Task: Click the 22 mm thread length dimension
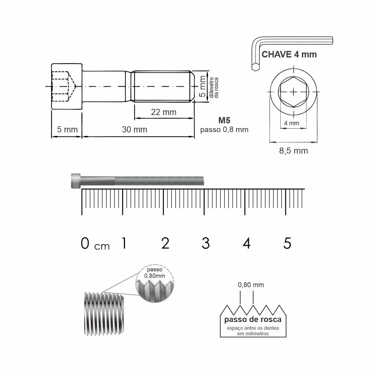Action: pyautogui.click(x=164, y=112)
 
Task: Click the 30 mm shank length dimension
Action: pyautogui.click(x=135, y=130)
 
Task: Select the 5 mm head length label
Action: pyautogui.click(x=67, y=130)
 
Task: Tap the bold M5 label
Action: pyautogui.click(x=224, y=120)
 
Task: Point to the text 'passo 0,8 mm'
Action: pyautogui.click(x=224, y=130)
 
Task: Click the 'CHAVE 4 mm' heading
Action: pyautogui.click(x=289, y=54)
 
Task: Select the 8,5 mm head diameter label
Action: pyautogui.click(x=293, y=151)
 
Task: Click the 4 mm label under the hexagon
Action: pyautogui.click(x=292, y=123)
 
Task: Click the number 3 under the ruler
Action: pyautogui.click(x=206, y=243)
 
